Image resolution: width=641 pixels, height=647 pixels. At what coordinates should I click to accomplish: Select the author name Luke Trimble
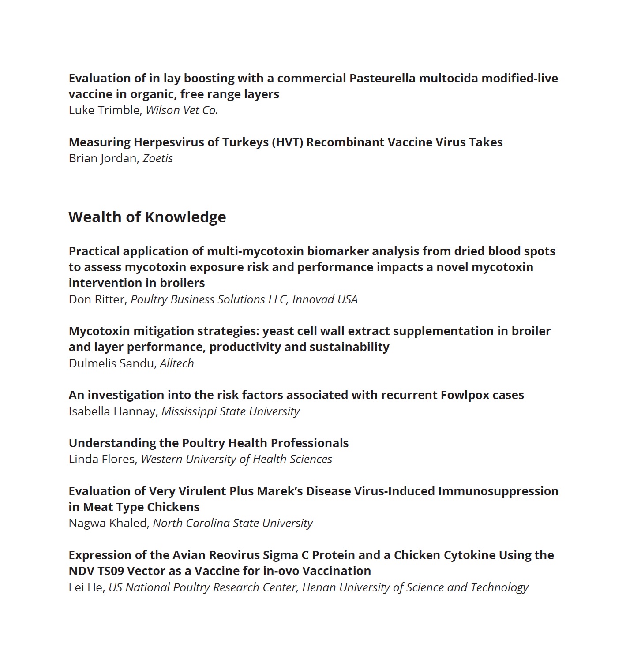pyautogui.click(x=104, y=110)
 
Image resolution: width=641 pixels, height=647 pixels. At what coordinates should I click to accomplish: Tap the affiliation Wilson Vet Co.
pyautogui.click(x=182, y=110)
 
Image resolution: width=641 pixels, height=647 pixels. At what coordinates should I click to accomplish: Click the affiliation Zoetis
pyautogui.click(x=157, y=158)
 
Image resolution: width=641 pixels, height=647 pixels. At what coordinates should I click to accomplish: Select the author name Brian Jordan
pyautogui.click(x=102, y=158)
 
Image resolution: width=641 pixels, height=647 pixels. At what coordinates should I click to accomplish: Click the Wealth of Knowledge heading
pyautogui.click(x=147, y=217)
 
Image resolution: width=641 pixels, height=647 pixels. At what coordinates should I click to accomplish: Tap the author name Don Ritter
pyautogui.click(x=97, y=299)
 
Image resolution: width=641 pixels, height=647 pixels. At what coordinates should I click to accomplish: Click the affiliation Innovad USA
pyautogui.click(x=325, y=299)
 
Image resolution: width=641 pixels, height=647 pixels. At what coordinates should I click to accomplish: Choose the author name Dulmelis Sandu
pyautogui.click(x=112, y=363)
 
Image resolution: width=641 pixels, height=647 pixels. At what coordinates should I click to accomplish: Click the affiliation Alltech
pyautogui.click(x=176, y=363)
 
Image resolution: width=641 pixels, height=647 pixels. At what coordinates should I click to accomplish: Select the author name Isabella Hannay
pyautogui.click(x=112, y=411)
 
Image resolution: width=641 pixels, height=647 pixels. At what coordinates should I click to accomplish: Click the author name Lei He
pyautogui.click(x=86, y=587)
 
